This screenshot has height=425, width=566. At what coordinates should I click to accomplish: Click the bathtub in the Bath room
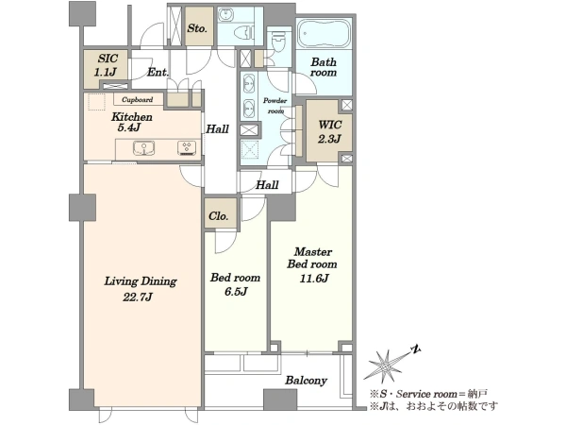(324, 34)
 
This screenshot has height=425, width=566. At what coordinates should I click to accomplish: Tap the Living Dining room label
(141, 281)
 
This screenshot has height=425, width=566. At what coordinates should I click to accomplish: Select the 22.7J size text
(138, 297)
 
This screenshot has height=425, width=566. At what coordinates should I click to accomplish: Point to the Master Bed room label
(312, 258)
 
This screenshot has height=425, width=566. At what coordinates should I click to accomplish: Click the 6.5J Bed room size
(236, 291)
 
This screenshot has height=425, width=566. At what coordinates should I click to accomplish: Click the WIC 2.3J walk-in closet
(329, 131)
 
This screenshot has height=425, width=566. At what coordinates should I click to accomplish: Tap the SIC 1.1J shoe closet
(106, 69)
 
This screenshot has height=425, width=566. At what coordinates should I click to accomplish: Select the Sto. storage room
(199, 26)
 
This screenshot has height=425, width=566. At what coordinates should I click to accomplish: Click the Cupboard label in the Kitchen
(137, 100)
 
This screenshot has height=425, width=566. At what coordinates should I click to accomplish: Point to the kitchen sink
(143, 148)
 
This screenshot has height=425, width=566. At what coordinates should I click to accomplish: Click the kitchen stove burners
(187, 148)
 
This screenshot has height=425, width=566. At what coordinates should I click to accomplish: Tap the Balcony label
(306, 381)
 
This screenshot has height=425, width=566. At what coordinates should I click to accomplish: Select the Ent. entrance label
(158, 73)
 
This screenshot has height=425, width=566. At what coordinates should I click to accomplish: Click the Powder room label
(275, 106)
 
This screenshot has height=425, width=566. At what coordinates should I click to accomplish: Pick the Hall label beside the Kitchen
(217, 129)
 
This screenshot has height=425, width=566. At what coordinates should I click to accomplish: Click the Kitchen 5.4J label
(131, 122)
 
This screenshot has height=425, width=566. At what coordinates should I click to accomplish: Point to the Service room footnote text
(428, 394)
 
